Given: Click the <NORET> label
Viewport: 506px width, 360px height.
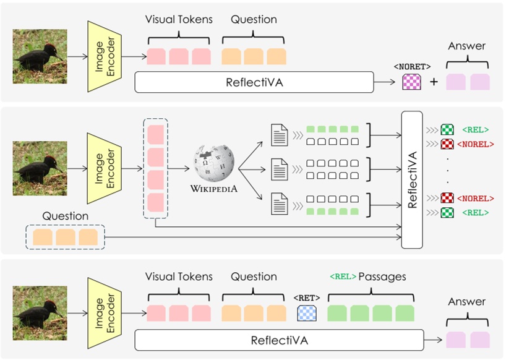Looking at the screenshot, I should (x=411, y=66).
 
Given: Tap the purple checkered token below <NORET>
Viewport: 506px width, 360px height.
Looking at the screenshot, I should (x=411, y=82).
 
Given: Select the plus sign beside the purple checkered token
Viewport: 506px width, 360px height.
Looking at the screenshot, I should (x=434, y=82).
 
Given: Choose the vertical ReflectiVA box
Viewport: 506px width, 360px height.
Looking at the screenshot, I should (x=412, y=180).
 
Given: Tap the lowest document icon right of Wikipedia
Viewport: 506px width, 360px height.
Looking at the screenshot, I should (x=280, y=204).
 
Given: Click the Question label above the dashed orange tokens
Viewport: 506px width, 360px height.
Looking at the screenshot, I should (x=65, y=216).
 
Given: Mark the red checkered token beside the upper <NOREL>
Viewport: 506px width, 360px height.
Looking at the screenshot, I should (x=447, y=144).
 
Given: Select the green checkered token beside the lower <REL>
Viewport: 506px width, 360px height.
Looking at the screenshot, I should (x=447, y=213).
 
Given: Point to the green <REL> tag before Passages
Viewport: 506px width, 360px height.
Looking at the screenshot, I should (x=343, y=276).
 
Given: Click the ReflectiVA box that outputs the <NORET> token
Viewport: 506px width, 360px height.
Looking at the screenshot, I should (x=254, y=82).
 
